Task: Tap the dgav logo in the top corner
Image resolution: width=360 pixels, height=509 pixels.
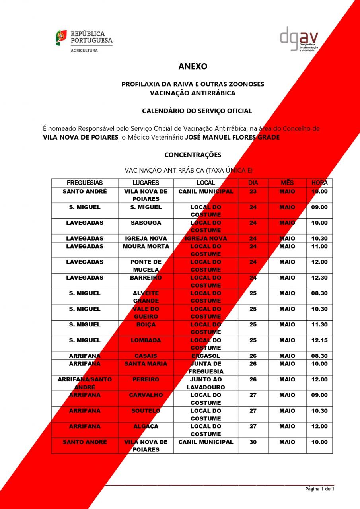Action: coord(299,39)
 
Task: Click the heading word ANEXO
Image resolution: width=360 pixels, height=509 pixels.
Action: coord(193,66)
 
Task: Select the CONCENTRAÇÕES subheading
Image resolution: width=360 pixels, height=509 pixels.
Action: coord(193,155)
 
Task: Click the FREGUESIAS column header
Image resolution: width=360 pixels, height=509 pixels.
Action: coord(85,183)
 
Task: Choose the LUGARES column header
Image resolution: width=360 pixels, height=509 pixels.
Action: coord(146,183)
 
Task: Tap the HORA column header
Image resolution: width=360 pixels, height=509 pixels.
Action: coord(319,183)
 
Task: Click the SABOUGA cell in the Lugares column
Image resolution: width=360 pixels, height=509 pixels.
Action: coord(146,223)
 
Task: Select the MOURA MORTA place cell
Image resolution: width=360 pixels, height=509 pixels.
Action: coord(146,247)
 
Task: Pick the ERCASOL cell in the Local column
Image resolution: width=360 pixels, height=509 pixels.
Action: coord(206,356)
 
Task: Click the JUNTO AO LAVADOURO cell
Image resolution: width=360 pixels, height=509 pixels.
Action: coord(206,383)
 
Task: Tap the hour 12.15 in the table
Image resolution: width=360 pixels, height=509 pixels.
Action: coord(319,340)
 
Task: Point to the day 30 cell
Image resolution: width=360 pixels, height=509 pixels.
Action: coord(253,442)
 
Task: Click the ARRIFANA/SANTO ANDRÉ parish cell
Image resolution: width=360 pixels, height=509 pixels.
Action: coord(85,383)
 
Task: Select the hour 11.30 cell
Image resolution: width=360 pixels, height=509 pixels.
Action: coord(319,325)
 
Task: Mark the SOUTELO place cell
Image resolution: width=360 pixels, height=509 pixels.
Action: coord(146,411)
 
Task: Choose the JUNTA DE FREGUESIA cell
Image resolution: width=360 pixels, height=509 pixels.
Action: coord(206,367)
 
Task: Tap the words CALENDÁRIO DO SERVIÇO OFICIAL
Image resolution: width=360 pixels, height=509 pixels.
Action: coord(197,111)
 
